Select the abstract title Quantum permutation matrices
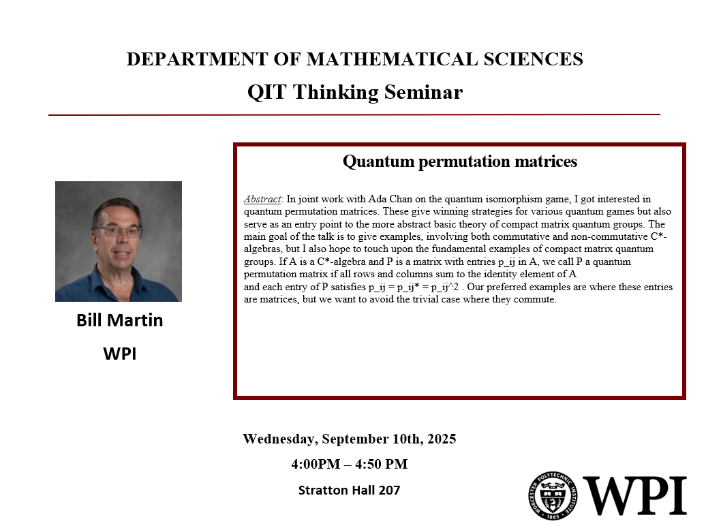(459, 161)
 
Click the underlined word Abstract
(262, 200)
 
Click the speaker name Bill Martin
(119, 320)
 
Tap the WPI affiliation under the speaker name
(119, 354)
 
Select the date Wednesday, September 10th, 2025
(349, 439)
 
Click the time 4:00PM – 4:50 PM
(349, 465)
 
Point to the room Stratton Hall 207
(349, 490)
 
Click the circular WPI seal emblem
(553, 495)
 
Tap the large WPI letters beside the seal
(634, 495)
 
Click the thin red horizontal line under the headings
(354, 115)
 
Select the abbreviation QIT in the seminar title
(267, 92)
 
